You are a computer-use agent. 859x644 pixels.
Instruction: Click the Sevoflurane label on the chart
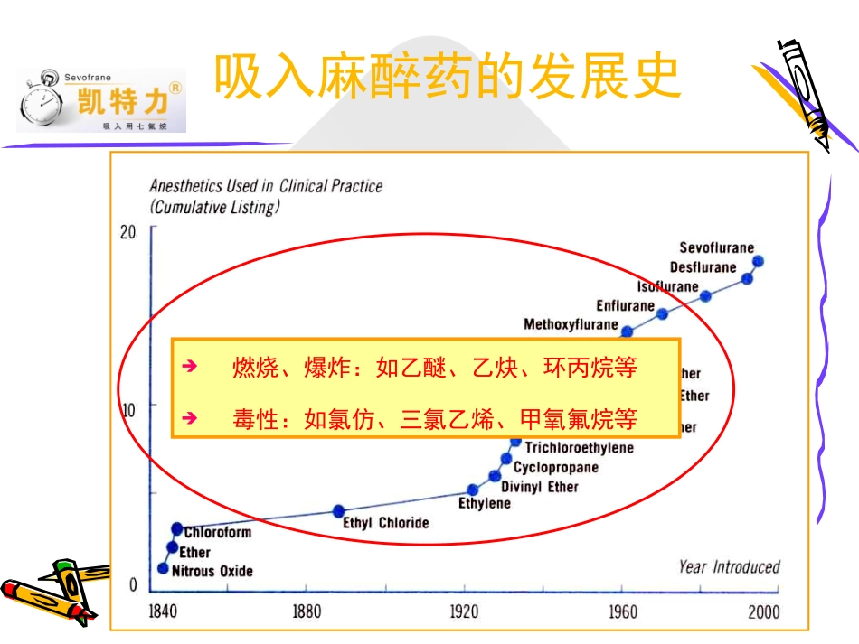click(716, 247)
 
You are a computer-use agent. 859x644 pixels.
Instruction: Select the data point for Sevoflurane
click(758, 261)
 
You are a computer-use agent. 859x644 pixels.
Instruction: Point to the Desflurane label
click(703, 266)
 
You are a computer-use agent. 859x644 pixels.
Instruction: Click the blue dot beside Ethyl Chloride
click(339, 511)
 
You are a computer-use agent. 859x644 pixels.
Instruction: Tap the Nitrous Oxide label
click(212, 571)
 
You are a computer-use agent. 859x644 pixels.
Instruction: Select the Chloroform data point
click(177, 528)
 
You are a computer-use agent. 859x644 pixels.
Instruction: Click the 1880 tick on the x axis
click(307, 612)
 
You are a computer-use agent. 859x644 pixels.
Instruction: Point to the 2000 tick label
click(763, 612)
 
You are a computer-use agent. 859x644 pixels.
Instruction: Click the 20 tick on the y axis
click(127, 232)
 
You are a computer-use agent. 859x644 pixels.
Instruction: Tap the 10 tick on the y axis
click(127, 409)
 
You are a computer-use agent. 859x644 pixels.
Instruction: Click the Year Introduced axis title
click(729, 567)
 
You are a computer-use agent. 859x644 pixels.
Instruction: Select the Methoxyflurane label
click(571, 324)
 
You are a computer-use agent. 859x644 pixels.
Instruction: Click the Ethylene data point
click(472, 490)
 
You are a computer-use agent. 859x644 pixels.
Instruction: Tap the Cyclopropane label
click(555, 467)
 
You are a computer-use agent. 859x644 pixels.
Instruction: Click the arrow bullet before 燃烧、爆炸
click(189, 368)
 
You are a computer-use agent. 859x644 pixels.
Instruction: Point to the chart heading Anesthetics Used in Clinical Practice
click(266, 186)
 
